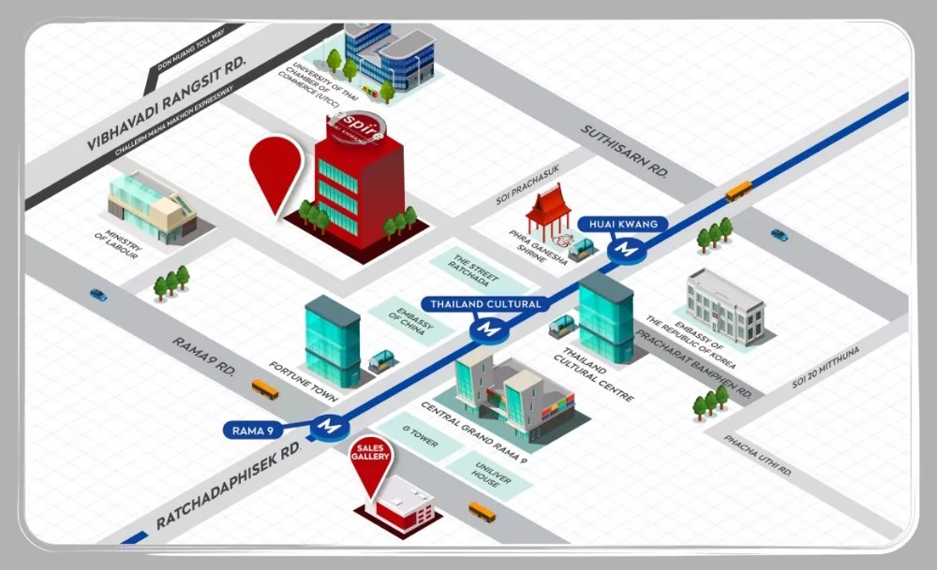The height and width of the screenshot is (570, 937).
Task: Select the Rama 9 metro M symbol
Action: coord(328,426)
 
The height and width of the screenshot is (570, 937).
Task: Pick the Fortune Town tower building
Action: coord(333,341)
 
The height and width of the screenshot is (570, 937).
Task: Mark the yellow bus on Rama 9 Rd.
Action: coord(265,389)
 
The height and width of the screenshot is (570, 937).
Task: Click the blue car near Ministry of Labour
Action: coord(98,295)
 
